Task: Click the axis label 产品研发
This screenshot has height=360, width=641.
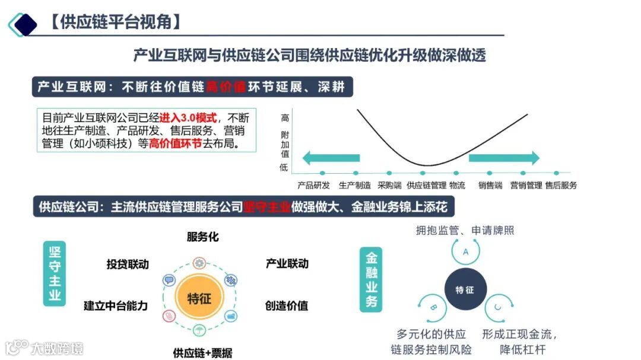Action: pyautogui.click(x=313, y=185)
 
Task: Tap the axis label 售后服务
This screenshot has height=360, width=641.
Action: pyautogui.click(x=561, y=185)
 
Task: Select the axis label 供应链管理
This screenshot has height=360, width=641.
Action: pyautogui.click(x=426, y=185)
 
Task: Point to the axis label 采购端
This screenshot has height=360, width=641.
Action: pyautogui.click(x=389, y=185)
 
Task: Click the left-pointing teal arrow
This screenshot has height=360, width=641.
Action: pyautogui.click(x=331, y=158)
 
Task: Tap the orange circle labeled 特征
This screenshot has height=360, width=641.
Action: pyautogui.click(x=199, y=298)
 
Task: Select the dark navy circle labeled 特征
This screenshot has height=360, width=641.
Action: pyautogui.click(x=465, y=290)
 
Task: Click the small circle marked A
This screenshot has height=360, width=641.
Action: pyautogui.click(x=466, y=251)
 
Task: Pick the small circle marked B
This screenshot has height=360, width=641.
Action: pyautogui.click(x=433, y=307)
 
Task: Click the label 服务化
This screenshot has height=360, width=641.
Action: pyautogui.click(x=202, y=237)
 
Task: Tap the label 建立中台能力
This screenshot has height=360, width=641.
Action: pyautogui.click(x=115, y=306)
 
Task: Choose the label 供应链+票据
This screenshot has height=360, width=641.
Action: pyautogui.click(x=202, y=353)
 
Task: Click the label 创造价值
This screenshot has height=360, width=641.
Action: pyautogui.click(x=287, y=306)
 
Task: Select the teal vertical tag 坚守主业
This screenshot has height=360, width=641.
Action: pyautogui.click(x=55, y=273)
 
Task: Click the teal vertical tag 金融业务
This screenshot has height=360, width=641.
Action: pyautogui.click(x=372, y=279)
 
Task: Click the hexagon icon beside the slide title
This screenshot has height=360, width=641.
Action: pyautogui.click(x=24, y=24)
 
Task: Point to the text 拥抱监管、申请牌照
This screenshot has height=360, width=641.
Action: pyautogui.click(x=465, y=230)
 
